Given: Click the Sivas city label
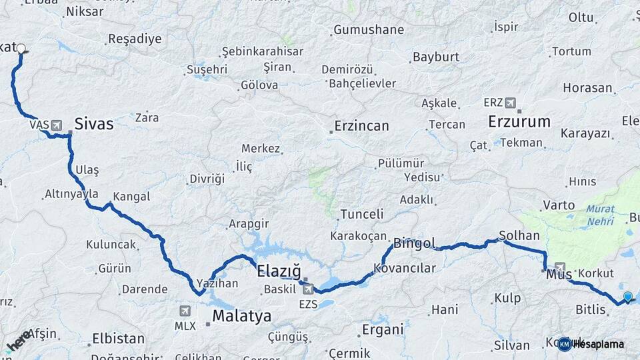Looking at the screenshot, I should point(94,124).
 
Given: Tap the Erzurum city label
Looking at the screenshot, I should point(519,122).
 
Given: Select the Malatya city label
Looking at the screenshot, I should point(242,316).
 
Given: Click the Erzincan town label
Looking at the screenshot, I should point(361,126).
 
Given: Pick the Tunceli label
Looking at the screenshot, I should point(362,215).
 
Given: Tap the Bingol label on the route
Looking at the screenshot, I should point(414,243).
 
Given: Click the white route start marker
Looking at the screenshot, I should point(21,49).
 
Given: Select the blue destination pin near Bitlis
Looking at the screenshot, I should point(627,297).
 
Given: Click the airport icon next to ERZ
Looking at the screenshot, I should point(511,103).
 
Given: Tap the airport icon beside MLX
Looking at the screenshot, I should point(185,311).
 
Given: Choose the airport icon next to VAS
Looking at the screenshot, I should point(55,125).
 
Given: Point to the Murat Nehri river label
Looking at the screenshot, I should point(601,214).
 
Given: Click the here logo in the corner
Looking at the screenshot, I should point(18,341).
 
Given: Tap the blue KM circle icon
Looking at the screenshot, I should point(565,344).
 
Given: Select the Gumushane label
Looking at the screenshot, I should point(369,30).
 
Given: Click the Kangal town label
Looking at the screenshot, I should point(131,197).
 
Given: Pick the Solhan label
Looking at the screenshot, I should point(519,236).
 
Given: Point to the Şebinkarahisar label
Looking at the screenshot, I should point(263,51).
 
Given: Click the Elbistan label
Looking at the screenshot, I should point(119,339).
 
